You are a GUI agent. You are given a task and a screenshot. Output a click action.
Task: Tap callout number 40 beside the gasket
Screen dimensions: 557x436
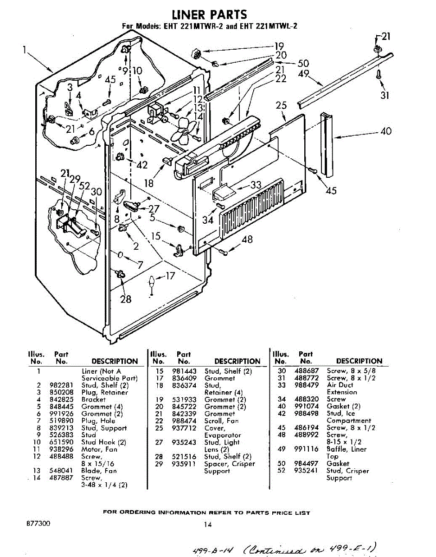(x=386, y=131)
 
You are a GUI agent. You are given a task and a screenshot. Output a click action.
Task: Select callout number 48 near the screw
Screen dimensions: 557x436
(x=248, y=239)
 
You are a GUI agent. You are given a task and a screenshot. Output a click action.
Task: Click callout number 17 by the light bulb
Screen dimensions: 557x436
(x=170, y=276)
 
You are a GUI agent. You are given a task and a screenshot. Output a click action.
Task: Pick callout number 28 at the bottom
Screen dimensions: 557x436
(x=126, y=299)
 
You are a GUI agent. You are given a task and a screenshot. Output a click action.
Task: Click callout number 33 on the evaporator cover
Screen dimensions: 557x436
(x=256, y=185)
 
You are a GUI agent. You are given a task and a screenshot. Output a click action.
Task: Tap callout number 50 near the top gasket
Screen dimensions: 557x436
(x=303, y=64)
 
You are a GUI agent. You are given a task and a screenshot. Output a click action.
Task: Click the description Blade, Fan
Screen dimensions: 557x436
(x=99, y=471)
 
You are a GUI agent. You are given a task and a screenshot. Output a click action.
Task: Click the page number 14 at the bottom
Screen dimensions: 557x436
(x=207, y=525)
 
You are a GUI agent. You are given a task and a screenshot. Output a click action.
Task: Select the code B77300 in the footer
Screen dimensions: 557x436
(x=38, y=523)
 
